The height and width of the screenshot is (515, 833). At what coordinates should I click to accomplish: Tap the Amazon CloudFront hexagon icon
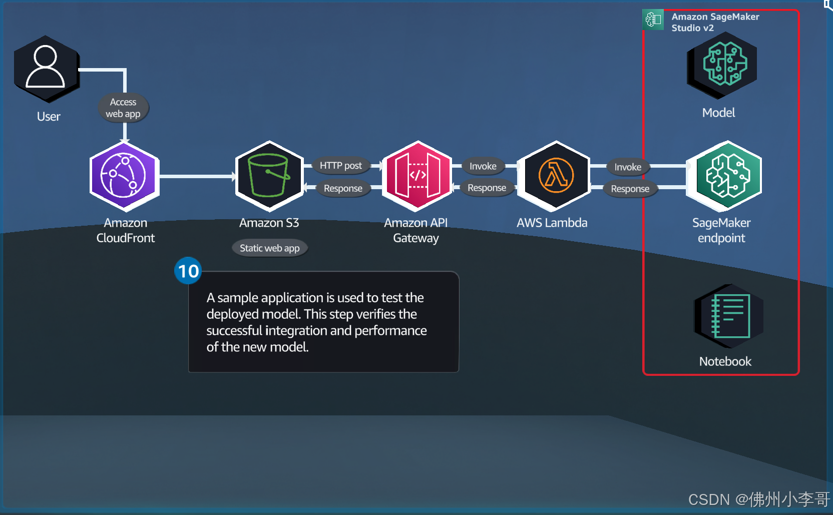(x=125, y=176)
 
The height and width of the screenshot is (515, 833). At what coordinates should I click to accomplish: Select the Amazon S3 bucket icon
(x=269, y=176)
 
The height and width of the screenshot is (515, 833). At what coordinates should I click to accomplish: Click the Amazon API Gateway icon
(x=417, y=176)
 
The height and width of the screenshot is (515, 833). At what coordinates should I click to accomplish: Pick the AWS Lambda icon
(x=556, y=176)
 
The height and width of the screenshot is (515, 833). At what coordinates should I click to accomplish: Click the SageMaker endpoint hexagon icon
(x=725, y=176)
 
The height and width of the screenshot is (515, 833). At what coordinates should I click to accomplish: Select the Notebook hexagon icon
(x=729, y=316)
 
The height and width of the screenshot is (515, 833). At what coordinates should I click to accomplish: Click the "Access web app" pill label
(x=123, y=108)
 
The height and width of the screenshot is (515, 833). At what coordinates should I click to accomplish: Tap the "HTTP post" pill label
(x=340, y=166)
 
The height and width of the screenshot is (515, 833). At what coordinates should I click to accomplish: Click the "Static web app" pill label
(x=270, y=248)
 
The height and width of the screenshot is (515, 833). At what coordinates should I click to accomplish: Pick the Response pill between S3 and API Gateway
(x=343, y=188)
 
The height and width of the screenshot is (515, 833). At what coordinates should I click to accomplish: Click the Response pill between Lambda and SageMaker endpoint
(x=630, y=189)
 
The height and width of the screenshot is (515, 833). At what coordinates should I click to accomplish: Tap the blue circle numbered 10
(x=188, y=271)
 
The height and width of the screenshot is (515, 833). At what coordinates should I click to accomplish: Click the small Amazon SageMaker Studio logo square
(x=653, y=20)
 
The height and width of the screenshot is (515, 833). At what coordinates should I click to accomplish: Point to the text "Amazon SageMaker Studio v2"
(x=715, y=23)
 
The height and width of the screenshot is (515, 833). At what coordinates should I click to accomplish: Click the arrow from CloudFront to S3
(x=198, y=176)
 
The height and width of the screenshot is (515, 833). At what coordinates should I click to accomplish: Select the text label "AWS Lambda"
(x=552, y=223)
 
